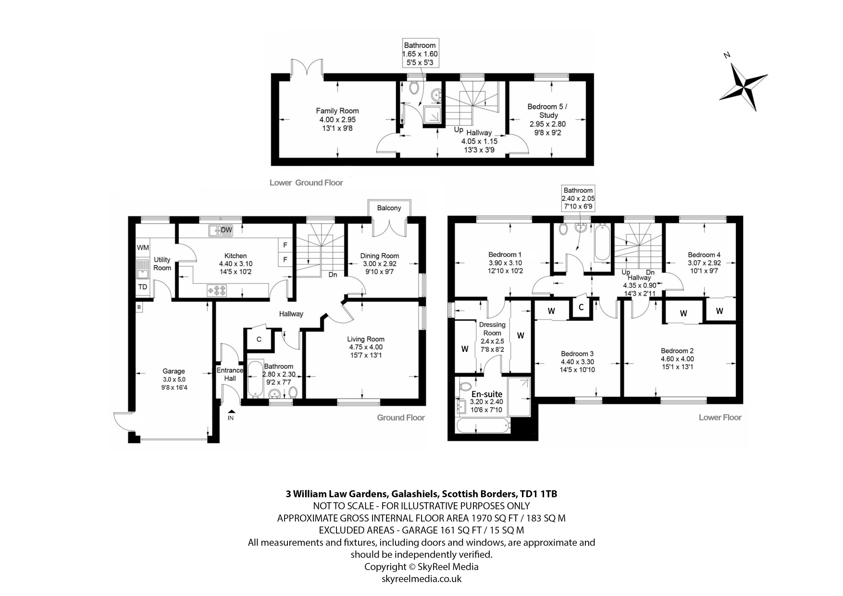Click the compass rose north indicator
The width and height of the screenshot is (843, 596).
[744, 87]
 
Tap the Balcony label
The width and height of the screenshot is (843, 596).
[389, 208]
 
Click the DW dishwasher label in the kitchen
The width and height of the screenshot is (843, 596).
[226, 230]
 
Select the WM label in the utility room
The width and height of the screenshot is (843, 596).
[143, 248]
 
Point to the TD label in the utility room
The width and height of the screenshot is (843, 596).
[143, 287]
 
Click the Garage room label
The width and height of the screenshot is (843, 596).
[174, 371]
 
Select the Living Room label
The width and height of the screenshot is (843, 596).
[366, 339]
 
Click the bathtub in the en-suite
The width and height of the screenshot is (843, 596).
[483, 425]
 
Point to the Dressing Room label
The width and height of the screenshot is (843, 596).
[492, 329]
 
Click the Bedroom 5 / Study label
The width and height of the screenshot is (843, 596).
[548, 111]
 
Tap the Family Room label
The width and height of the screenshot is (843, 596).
[337, 111]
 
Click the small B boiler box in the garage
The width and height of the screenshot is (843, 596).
[139, 307]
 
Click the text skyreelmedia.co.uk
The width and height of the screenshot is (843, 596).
[421, 579]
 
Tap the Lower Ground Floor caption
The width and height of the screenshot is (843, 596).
[306, 183]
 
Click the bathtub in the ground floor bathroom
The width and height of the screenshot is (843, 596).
[254, 379]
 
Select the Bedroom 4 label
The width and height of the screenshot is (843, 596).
[704, 255]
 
